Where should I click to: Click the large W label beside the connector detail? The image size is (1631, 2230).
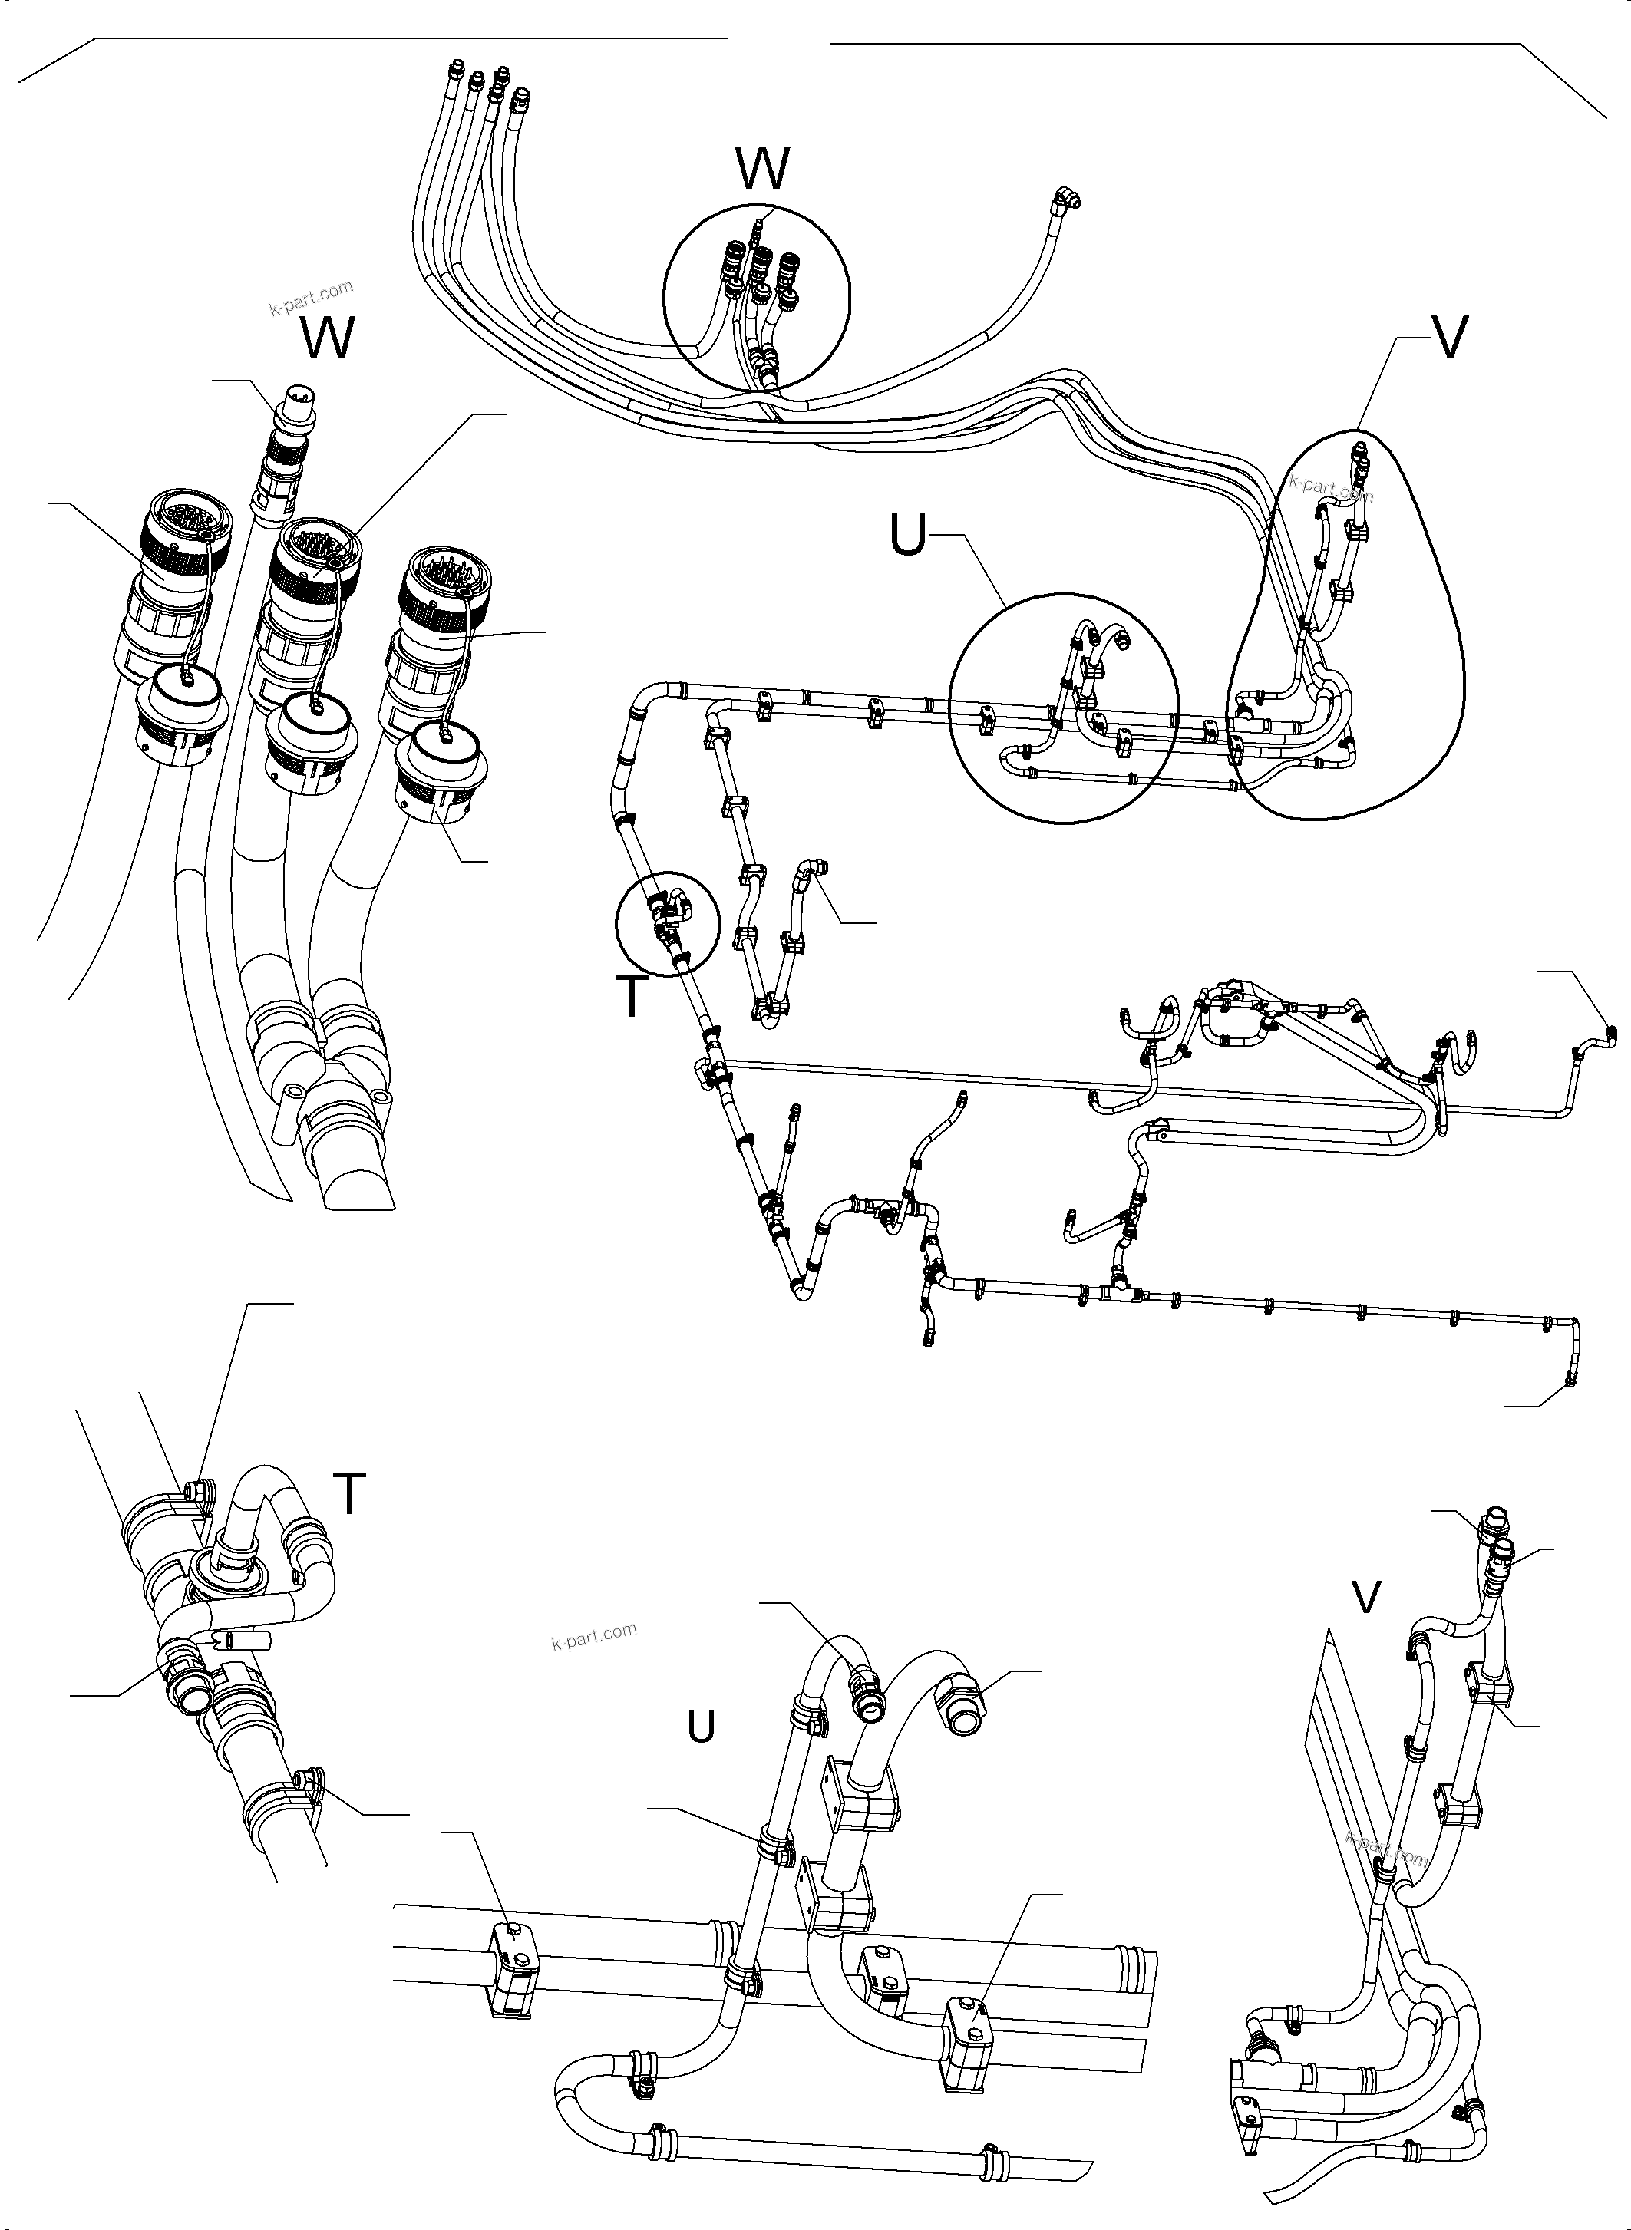328,340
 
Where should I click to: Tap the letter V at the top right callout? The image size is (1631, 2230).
1448,338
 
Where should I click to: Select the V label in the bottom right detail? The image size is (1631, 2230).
1365,1597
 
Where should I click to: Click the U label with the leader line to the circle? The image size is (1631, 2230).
907,537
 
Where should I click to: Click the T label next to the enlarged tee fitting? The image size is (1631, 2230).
348,1493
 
